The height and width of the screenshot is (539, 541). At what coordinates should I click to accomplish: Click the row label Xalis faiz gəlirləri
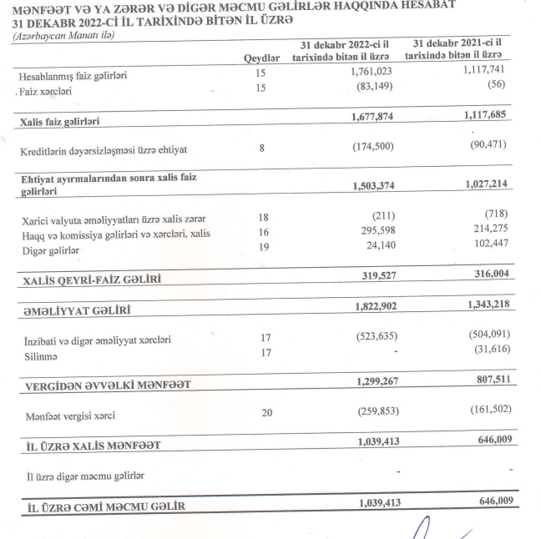(59, 122)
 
